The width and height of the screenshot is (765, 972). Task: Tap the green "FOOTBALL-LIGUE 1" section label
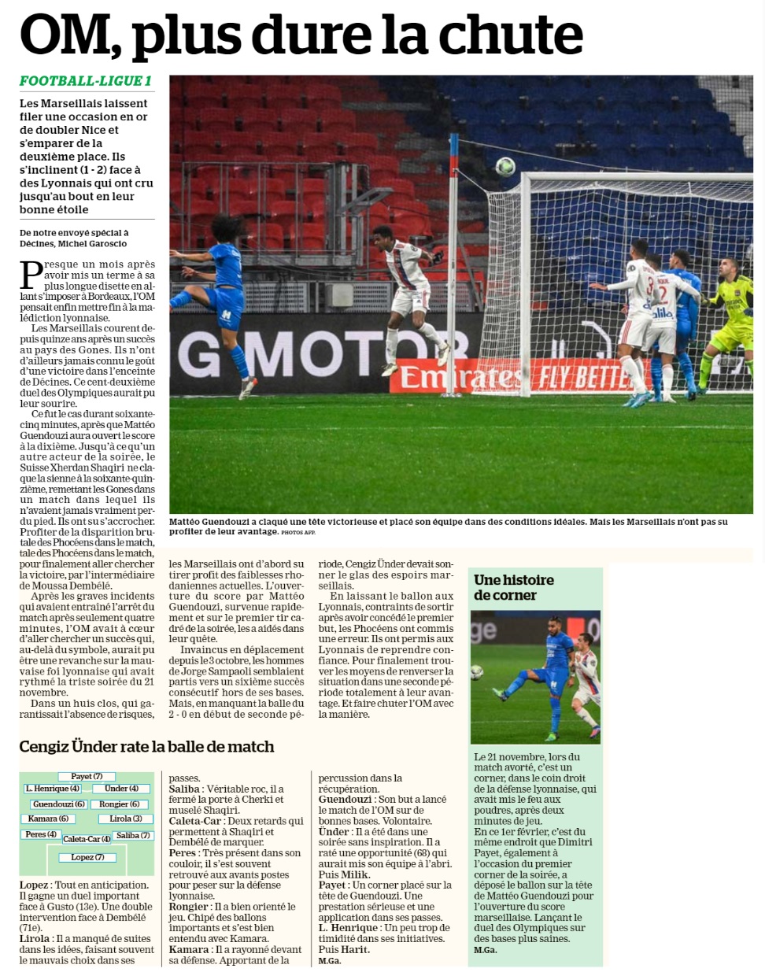pos(86,81)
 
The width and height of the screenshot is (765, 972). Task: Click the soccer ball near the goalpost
pos(505,166)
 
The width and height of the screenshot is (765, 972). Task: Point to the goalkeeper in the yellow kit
pos(730,319)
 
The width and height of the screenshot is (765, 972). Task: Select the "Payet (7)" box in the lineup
pos(87,776)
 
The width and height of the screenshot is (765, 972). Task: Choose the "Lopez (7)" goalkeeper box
pos(87,857)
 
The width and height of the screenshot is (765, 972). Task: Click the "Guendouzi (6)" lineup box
pos(59,804)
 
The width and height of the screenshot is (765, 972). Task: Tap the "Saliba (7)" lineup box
pos(132,835)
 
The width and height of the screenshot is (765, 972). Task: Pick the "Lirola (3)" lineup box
pos(126,819)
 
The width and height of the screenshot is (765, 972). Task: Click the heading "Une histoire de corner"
pos(513,587)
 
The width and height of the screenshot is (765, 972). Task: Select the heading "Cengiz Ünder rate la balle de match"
pos(146,746)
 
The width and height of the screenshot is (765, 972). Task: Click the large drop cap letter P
pos(31,275)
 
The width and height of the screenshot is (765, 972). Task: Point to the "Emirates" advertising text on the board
pos(461,376)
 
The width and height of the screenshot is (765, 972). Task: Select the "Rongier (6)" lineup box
pos(119,804)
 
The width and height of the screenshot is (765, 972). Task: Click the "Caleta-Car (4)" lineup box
pos(87,839)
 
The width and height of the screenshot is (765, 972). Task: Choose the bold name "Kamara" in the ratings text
pos(189,949)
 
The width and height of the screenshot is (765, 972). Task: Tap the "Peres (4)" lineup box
pos(41,834)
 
